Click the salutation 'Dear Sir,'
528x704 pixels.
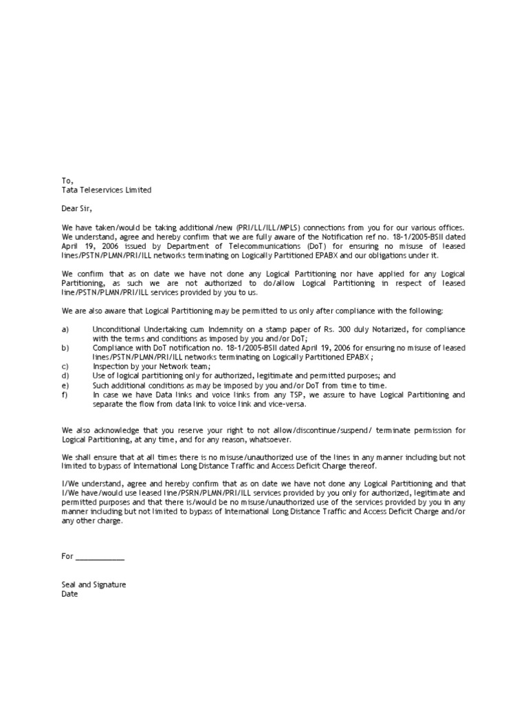point(76,208)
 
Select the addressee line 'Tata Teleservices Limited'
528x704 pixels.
point(107,190)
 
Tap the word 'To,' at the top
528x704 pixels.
point(67,180)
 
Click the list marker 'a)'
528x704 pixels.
point(65,329)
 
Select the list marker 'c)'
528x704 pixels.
point(65,367)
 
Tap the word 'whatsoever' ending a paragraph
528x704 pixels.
point(271,439)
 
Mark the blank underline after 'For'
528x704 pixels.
point(100,556)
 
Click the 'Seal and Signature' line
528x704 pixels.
point(93,585)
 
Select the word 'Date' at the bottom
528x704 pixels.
point(70,594)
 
